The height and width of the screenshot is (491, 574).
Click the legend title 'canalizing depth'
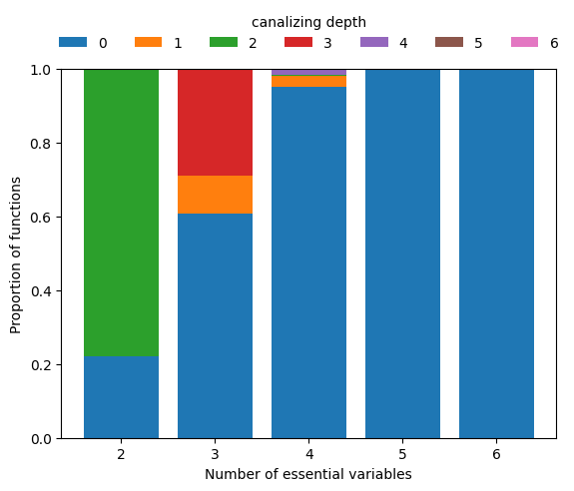click(308, 22)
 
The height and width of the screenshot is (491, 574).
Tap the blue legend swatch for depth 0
click(73, 43)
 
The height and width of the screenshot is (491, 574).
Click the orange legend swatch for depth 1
click(149, 43)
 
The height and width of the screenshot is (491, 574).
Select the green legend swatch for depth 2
click(224, 43)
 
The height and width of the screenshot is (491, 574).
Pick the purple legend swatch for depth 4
click(374, 43)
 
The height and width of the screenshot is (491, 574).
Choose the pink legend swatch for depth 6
click(525, 43)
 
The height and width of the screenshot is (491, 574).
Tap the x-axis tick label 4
click(308, 455)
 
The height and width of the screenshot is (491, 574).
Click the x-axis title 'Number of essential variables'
click(308, 474)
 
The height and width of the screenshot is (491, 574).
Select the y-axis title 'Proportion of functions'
click(16, 253)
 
